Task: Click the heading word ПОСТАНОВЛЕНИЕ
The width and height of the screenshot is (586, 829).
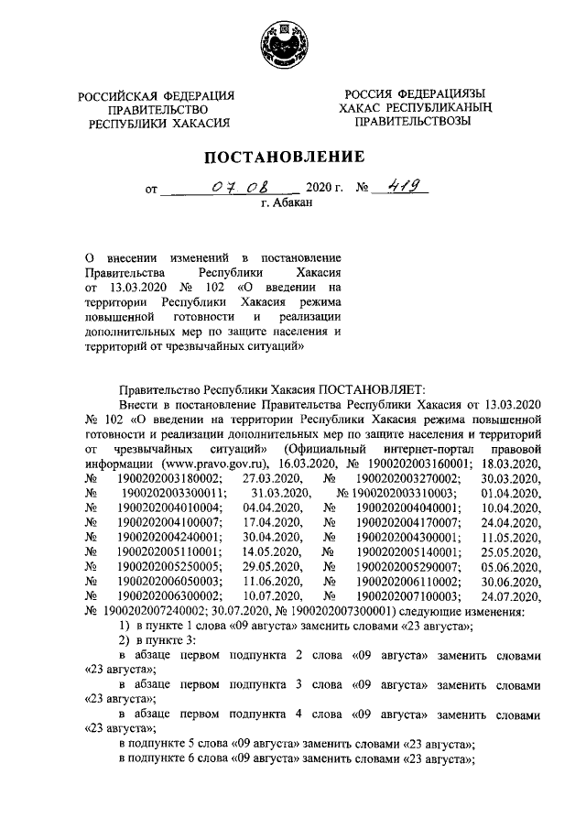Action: (x=288, y=157)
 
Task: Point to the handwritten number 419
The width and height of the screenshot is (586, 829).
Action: (x=400, y=188)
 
